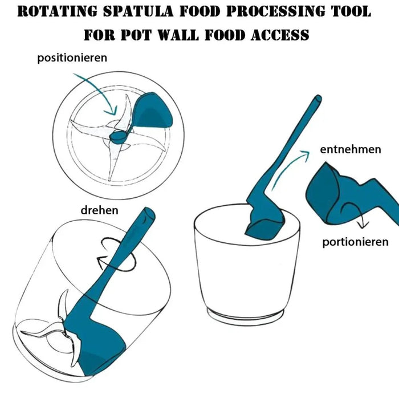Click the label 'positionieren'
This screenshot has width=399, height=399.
point(72,58)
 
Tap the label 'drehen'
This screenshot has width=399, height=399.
point(99,210)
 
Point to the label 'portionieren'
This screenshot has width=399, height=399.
point(355,242)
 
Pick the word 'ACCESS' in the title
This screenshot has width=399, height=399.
point(278,35)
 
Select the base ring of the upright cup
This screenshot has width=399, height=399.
point(246,314)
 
